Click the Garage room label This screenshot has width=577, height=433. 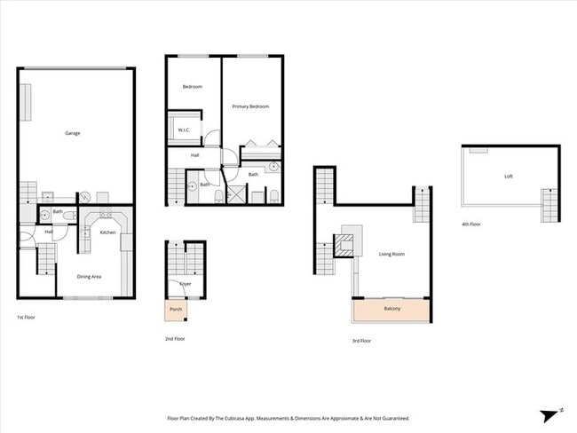pos(73,133)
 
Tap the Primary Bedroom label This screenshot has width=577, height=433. pos(250,106)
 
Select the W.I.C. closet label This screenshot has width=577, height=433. pos(185,130)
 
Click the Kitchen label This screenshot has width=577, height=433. pos(107,232)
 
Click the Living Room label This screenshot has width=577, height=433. pos(391,255)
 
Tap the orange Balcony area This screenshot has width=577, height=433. pos(392,309)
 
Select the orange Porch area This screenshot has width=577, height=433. pos(176,310)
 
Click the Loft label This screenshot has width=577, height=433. pos(509,177)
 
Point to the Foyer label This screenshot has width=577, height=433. pos(185,284)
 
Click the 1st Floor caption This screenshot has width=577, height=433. pos(26,317)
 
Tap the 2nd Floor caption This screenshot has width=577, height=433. pos(175,338)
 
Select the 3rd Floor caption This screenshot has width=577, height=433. pos(361,341)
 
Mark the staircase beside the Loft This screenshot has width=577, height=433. pos(551,205)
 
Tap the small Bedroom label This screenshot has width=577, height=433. pos(193,87)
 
